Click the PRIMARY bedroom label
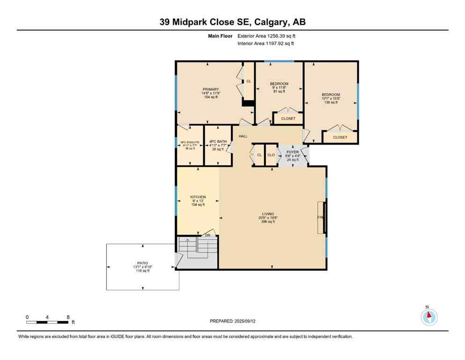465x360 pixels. (x=211, y=89)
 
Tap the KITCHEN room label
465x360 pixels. (x=198, y=197)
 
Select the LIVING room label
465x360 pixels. (x=268, y=214)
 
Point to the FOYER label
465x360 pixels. (x=293, y=152)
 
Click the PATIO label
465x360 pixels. (x=142, y=263)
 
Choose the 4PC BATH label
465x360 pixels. (x=218, y=141)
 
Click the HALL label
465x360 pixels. (x=243, y=136)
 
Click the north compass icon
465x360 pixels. (x=429, y=317)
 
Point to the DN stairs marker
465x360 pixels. (x=207, y=235)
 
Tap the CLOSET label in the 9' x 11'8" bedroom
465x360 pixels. (x=288, y=119)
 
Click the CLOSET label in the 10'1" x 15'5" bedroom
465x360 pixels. (x=340, y=137)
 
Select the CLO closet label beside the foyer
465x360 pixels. (x=271, y=155)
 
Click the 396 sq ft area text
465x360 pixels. (x=268, y=222)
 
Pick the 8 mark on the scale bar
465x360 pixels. (x=68, y=317)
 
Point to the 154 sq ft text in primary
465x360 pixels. (x=211, y=97)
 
